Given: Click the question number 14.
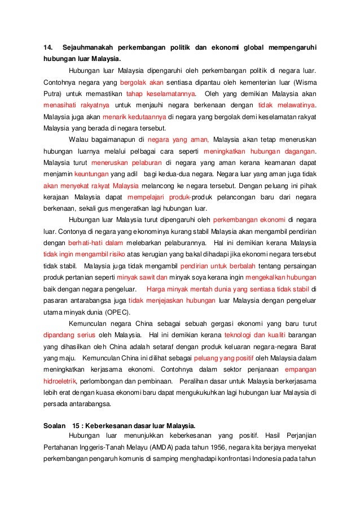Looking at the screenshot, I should pyautogui.click(x=49, y=45).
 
